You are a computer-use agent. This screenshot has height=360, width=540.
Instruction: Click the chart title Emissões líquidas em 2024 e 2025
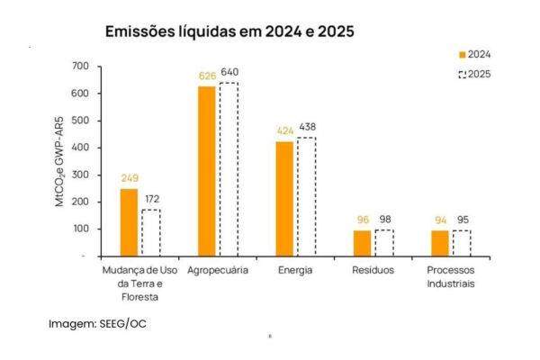229,31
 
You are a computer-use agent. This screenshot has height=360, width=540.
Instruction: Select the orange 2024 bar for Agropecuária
207,171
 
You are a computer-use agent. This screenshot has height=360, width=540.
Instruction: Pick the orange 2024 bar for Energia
284,199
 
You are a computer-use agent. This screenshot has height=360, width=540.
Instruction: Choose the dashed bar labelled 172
150,233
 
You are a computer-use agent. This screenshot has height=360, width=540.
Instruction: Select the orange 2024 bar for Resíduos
362,243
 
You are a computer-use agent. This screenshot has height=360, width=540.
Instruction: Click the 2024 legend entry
473,54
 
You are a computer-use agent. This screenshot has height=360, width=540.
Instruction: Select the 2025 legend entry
473,74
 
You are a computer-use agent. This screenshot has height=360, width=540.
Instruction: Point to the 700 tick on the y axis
80,67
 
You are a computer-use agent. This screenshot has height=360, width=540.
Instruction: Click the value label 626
208,76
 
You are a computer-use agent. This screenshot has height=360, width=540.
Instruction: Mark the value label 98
383,220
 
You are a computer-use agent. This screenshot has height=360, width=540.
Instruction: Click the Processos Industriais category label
449,277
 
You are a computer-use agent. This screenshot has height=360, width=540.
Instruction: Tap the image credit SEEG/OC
97,323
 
